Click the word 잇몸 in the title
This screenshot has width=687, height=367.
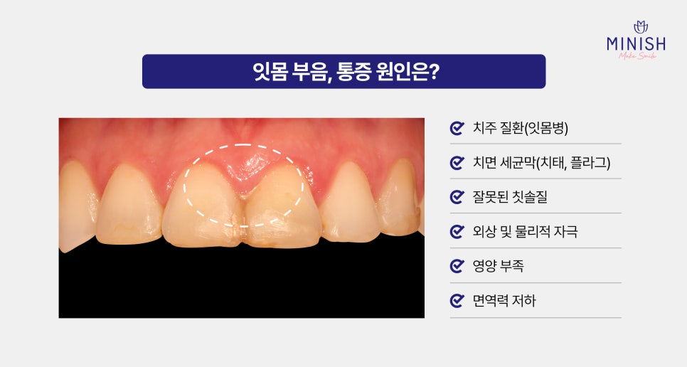(x=271, y=73)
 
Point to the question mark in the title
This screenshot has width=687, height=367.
(x=433, y=73)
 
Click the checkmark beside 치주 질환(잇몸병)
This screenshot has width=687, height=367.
(x=457, y=129)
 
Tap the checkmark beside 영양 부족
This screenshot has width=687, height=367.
(x=457, y=266)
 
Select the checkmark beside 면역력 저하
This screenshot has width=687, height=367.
(x=457, y=301)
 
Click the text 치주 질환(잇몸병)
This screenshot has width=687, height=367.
(x=520, y=129)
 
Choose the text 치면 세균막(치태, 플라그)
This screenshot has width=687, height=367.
(x=541, y=163)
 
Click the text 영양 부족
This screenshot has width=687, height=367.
(x=499, y=266)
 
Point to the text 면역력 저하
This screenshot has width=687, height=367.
(x=504, y=301)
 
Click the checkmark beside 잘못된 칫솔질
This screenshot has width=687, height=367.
(x=457, y=197)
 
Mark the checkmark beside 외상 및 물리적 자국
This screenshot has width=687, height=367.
(x=457, y=232)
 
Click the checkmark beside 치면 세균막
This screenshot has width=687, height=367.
(x=457, y=163)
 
